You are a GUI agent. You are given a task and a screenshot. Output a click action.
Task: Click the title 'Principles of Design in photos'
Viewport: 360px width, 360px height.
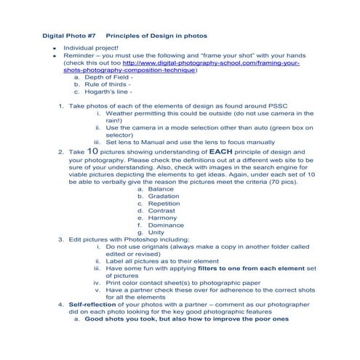(156, 35)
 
